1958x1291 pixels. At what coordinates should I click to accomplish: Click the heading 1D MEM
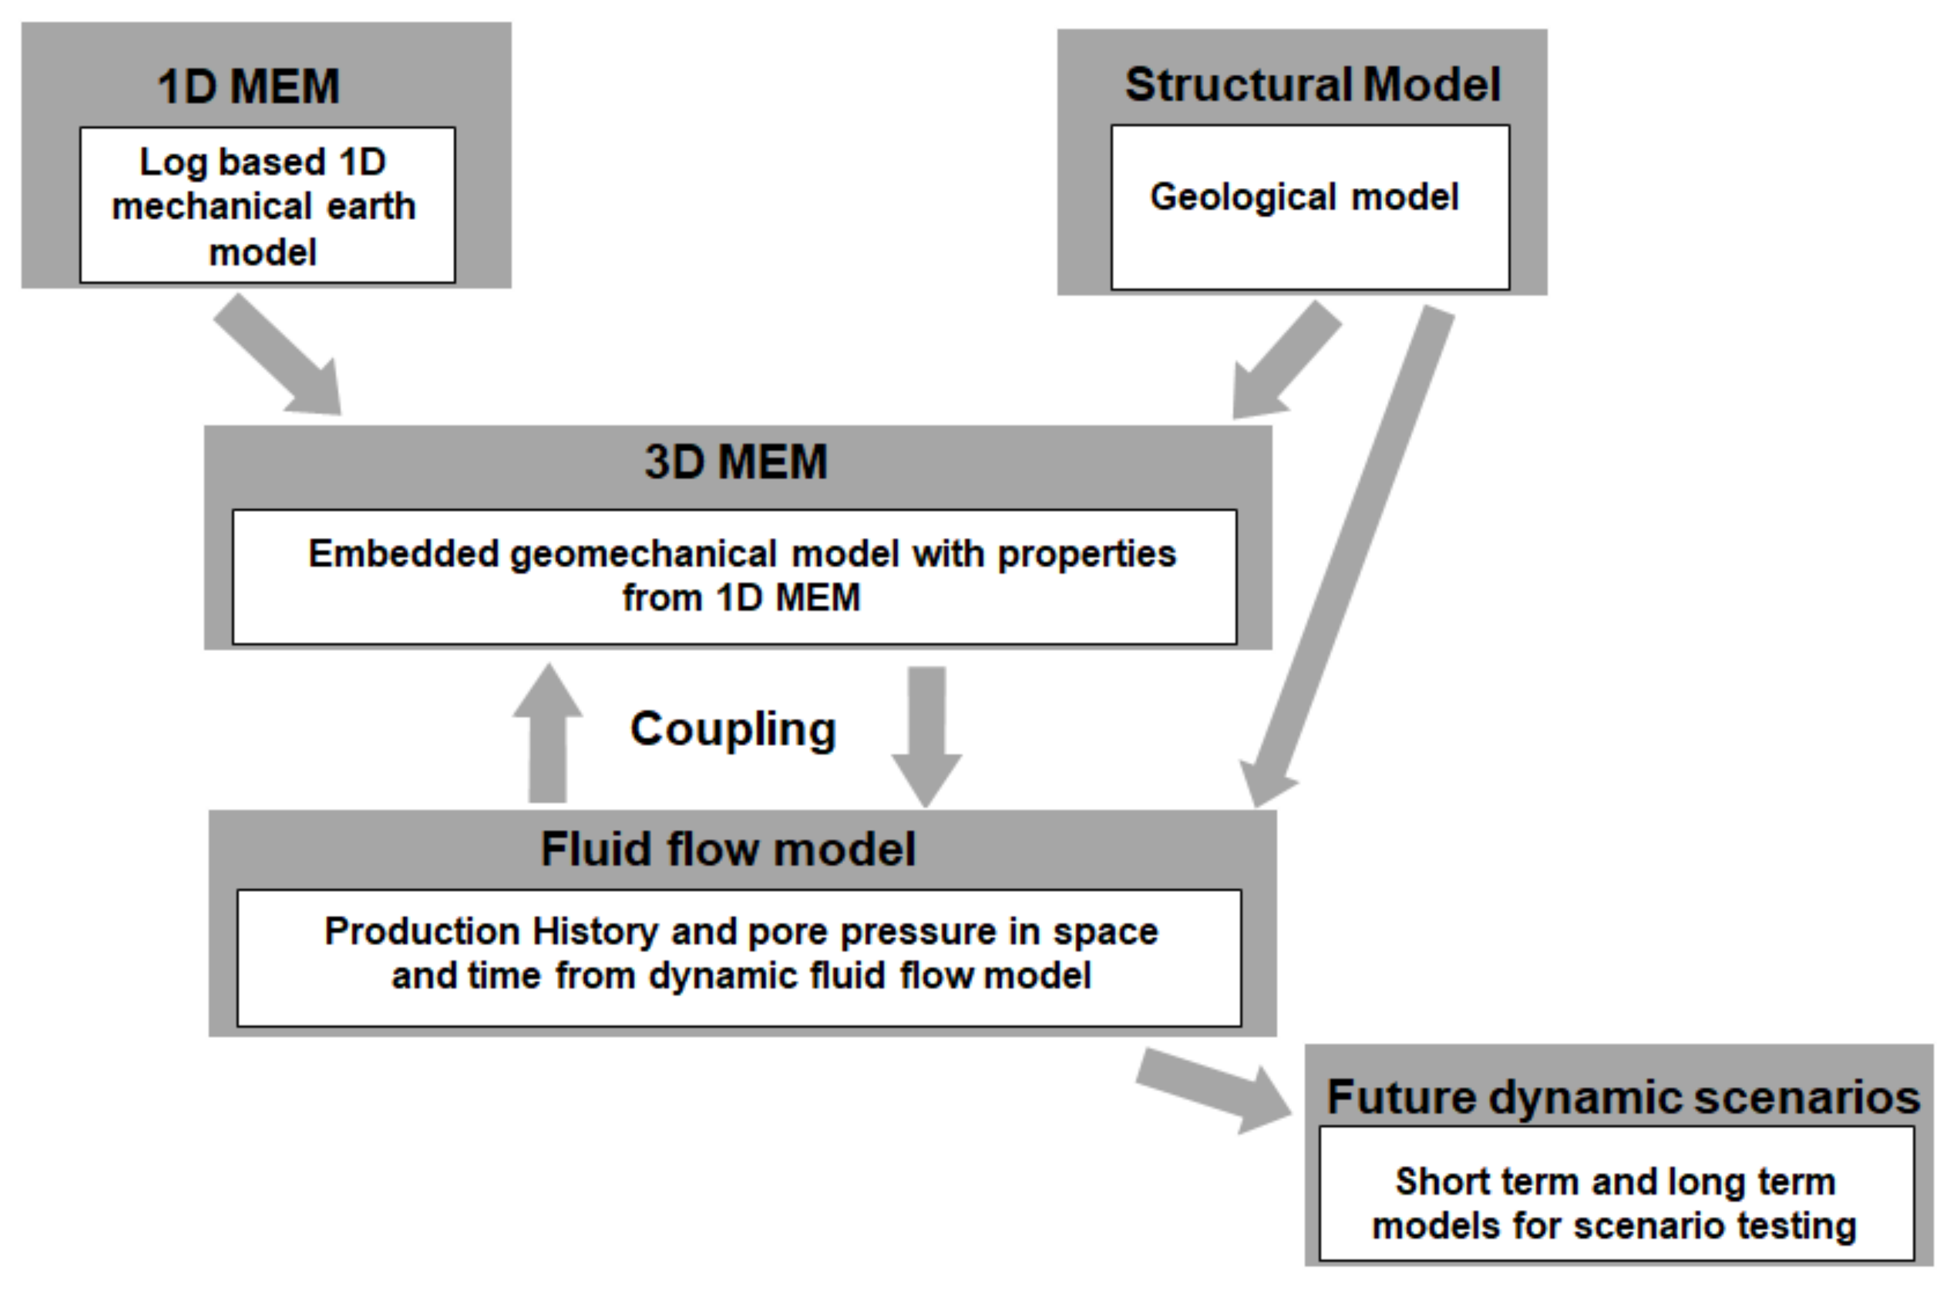tap(249, 86)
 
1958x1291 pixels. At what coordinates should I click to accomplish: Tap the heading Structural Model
tap(1312, 85)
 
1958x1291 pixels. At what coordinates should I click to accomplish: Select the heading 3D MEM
tap(736, 462)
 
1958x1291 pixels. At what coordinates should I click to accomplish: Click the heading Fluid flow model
tap(727, 849)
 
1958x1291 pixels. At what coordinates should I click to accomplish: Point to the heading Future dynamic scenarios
tap(1623, 1098)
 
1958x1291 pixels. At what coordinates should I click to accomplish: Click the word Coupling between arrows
tap(733, 730)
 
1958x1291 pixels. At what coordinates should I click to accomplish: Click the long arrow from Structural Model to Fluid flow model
tap(1351, 552)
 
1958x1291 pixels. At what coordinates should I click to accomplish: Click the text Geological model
tap(1304, 197)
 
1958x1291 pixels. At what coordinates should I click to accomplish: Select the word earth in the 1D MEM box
tap(371, 207)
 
